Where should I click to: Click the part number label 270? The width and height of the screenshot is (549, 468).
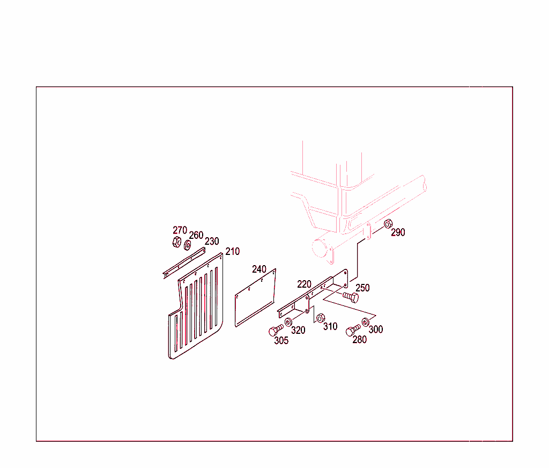tap(180, 230)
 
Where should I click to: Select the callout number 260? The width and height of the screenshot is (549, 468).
tap(196, 235)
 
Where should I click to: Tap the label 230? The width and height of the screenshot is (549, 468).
tap(212, 241)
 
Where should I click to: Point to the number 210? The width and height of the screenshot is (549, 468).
tap(233, 251)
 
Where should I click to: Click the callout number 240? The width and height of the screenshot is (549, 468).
tap(259, 269)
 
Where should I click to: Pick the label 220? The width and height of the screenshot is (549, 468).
tap(305, 284)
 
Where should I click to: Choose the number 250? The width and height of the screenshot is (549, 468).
tap(362, 288)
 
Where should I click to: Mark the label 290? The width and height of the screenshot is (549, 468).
tap(398, 232)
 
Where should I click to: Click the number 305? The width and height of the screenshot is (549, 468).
tap(281, 340)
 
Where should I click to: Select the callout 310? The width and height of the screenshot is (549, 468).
tap(330, 326)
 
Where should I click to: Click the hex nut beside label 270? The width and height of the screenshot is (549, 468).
tap(177, 242)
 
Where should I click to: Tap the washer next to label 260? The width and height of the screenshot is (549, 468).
tap(187, 245)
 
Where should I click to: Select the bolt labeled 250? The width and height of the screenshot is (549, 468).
tap(351, 298)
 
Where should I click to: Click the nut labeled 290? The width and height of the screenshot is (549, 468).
tap(388, 224)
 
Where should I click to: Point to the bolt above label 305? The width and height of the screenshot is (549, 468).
tap(276, 330)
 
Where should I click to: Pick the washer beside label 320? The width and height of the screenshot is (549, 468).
tap(288, 322)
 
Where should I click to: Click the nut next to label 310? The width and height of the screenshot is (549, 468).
tap(321, 318)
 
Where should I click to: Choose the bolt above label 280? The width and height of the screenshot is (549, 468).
tap(353, 330)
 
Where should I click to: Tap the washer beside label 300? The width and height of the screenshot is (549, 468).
tap(365, 322)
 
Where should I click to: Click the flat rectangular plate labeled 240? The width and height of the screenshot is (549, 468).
tap(255, 298)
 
